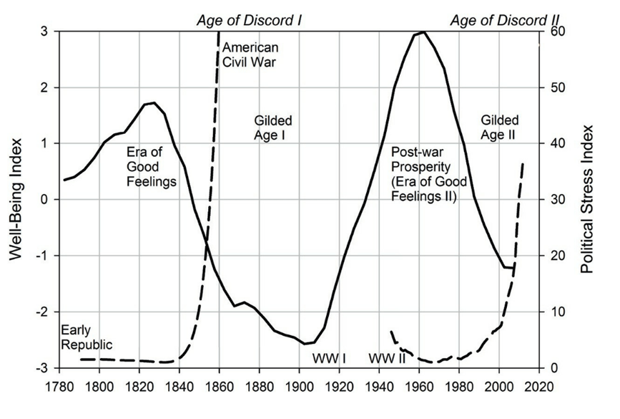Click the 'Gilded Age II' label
(500, 127)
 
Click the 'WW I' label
(329, 358)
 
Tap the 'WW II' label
(387, 358)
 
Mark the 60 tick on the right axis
(553, 32)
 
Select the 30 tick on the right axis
(553, 199)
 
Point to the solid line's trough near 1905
(305, 344)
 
